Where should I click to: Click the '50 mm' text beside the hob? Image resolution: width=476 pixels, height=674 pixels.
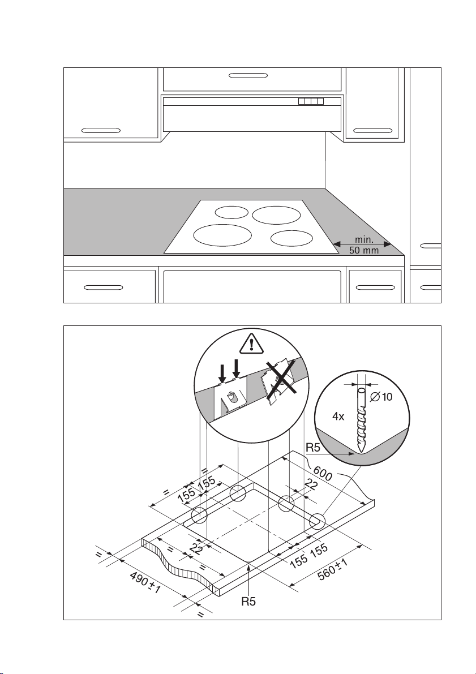pyautogui.click(x=364, y=251)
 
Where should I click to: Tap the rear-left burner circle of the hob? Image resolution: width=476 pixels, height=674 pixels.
pyautogui.click(x=231, y=212)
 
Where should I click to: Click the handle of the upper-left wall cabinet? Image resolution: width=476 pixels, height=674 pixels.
pyautogui.click(x=101, y=130)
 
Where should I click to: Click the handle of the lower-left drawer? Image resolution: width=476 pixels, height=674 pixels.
pyautogui.click(x=102, y=287)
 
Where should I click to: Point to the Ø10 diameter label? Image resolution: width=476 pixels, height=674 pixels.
pyautogui.click(x=380, y=397)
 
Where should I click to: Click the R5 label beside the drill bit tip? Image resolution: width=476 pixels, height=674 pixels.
pyautogui.click(x=315, y=448)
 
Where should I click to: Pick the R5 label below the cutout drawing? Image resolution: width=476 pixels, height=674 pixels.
pyautogui.click(x=249, y=601)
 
